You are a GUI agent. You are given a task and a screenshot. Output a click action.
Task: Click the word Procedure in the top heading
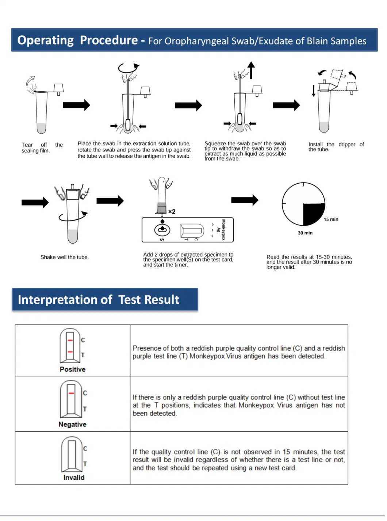(x=109, y=40)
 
